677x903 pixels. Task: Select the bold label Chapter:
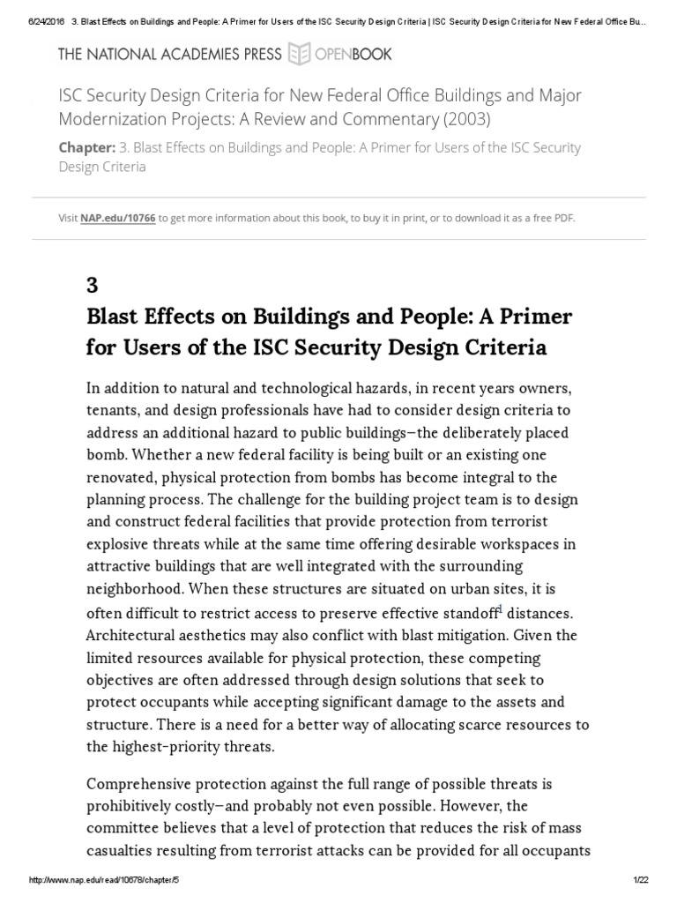[87, 147]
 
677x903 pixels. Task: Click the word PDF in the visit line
[563, 218]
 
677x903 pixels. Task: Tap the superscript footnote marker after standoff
[500, 608]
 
